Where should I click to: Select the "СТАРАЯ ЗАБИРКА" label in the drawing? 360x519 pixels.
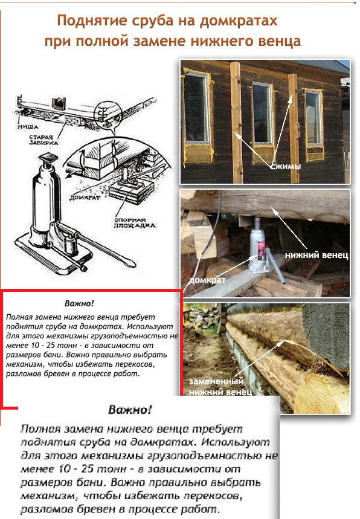click(43, 140)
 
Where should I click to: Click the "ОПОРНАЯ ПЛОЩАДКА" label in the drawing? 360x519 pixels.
click(135, 223)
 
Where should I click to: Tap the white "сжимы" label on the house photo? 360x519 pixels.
click(286, 167)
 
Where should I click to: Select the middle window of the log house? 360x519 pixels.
click(263, 113)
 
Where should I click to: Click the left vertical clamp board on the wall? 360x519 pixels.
click(236, 123)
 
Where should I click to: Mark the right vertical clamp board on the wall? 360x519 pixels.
click(293, 129)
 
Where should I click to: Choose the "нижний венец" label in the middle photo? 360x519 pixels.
click(317, 255)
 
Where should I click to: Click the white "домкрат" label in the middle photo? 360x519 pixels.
click(207, 280)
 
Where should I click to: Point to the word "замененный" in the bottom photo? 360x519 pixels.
click(216, 381)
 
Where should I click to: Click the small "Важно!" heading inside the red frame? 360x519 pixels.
click(79, 303)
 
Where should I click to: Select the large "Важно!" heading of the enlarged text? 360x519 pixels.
click(130, 410)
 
